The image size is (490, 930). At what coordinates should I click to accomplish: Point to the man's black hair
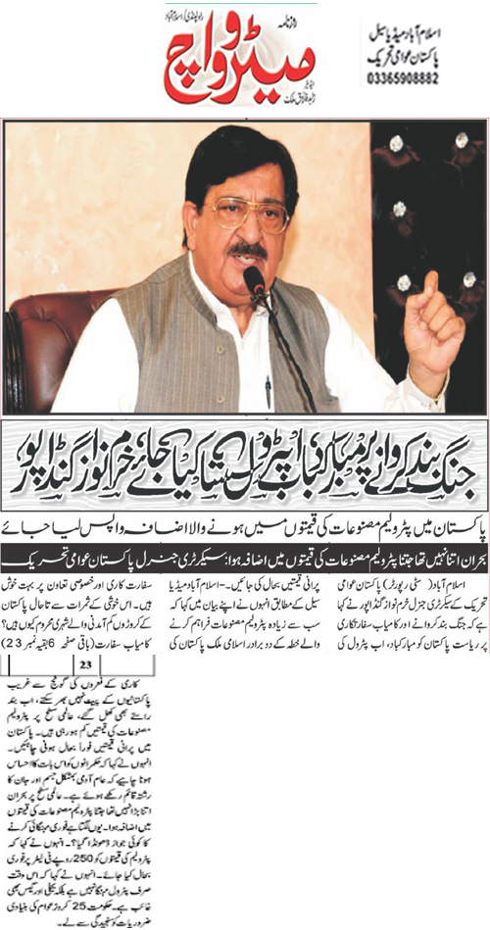click(225, 157)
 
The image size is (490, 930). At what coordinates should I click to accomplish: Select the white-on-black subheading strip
click(245, 554)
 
